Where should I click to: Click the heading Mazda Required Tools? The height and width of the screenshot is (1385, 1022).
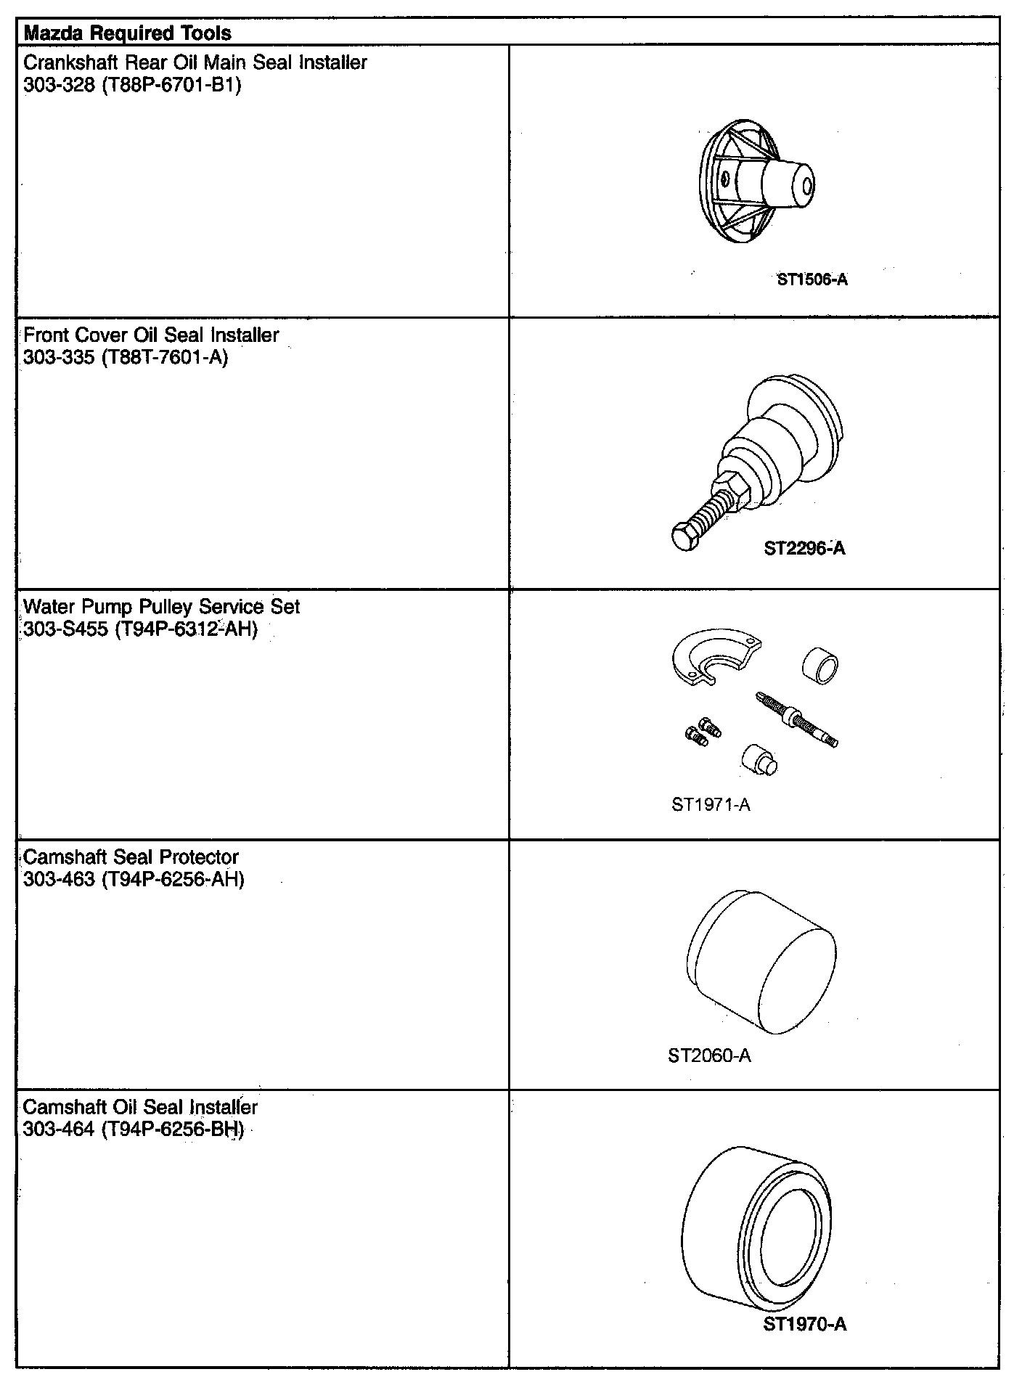(128, 33)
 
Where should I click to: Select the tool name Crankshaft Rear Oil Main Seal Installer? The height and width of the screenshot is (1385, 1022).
(195, 62)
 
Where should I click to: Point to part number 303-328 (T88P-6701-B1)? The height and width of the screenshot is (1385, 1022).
(132, 85)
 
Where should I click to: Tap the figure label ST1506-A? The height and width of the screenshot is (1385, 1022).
(812, 279)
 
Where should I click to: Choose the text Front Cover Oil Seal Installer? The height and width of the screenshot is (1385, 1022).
(151, 335)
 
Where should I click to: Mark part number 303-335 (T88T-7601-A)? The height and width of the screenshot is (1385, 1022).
(126, 357)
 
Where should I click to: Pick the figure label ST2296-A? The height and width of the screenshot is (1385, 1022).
(804, 548)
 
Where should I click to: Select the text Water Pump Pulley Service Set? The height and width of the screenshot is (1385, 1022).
(161, 606)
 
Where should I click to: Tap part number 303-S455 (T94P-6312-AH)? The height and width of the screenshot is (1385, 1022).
(141, 629)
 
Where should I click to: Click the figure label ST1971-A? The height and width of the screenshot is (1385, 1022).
(711, 804)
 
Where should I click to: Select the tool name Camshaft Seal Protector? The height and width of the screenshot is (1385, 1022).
(131, 857)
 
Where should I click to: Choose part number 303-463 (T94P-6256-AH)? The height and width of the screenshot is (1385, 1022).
(134, 879)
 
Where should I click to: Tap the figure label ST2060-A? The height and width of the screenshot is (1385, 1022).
(709, 1055)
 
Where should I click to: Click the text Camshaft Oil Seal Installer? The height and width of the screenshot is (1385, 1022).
(140, 1107)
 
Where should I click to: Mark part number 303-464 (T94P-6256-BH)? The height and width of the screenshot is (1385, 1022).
(134, 1129)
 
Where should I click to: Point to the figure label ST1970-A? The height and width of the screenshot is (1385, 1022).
(804, 1324)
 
